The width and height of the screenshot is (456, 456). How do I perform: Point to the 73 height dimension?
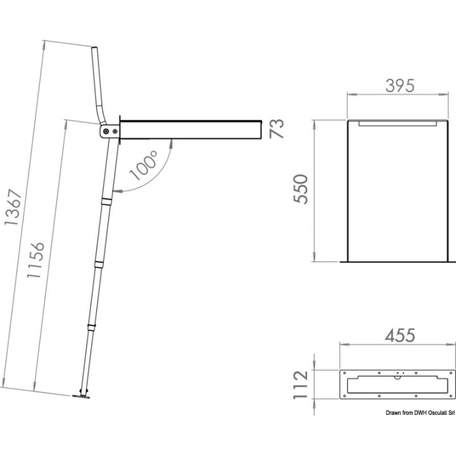[x=277, y=129]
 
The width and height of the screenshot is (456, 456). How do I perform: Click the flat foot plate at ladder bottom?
[x=82, y=397]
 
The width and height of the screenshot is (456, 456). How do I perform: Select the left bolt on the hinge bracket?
[x=106, y=131]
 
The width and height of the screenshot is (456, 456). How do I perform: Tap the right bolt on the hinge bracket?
[x=115, y=131]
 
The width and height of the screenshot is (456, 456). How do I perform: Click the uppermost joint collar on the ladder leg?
[x=106, y=201]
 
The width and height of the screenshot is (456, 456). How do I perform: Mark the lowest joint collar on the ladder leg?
[x=91, y=327]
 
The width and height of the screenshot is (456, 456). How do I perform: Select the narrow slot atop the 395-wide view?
[x=397, y=124]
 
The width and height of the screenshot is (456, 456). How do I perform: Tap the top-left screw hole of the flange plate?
[x=344, y=372]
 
